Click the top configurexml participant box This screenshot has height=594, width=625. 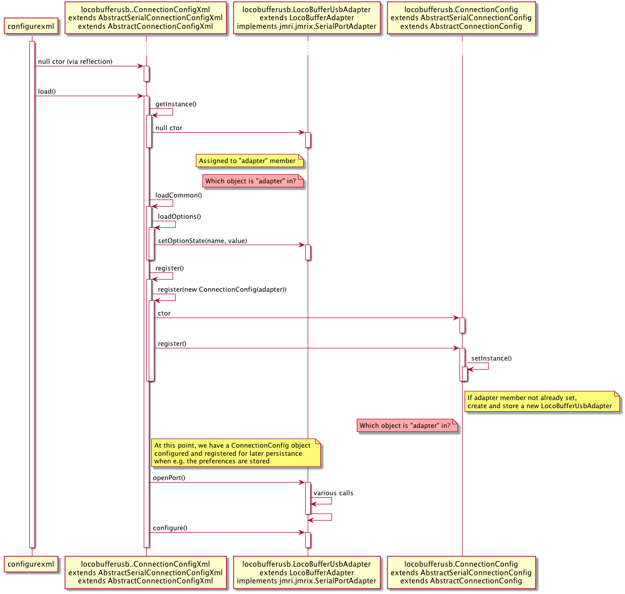pos(31,26)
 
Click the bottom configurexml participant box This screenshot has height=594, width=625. pos(31,564)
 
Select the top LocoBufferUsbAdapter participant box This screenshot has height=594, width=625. pos(307,18)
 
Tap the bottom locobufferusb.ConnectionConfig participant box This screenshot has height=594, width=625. pos(461,572)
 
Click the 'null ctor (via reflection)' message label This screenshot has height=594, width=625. pos(75,62)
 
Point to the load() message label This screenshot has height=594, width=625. pos(47,92)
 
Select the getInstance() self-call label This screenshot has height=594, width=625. pos(176,104)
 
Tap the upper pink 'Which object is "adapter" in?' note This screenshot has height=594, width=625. pos(251,181)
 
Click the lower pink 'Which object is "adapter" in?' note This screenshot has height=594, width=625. pos(405,426)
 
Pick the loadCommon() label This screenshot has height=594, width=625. pos(178,195)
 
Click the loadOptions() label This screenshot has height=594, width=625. pos(179,217)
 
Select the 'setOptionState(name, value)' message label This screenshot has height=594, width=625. pos(202,241)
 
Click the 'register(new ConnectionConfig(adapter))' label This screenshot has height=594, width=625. pos(222,290)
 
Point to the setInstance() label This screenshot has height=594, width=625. pos(491,359)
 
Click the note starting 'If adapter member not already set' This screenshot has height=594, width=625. pos(540,402)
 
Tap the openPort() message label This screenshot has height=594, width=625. pos(169,478)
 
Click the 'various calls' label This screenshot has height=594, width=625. pos(333,493)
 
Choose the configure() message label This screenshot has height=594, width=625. pos(170,528)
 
